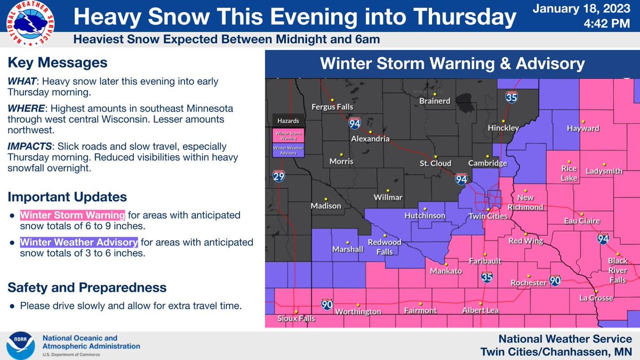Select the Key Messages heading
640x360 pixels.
click(57, 63)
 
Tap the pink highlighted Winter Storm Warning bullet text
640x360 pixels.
click(73, 215)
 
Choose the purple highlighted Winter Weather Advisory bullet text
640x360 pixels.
click(79, 243)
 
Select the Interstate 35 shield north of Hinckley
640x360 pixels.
click(511, 97)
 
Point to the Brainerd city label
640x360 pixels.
click(435, 101)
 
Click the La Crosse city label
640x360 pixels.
click(596, 298)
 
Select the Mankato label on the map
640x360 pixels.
click(446, 271)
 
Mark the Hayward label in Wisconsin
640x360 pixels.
click(582, 129)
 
